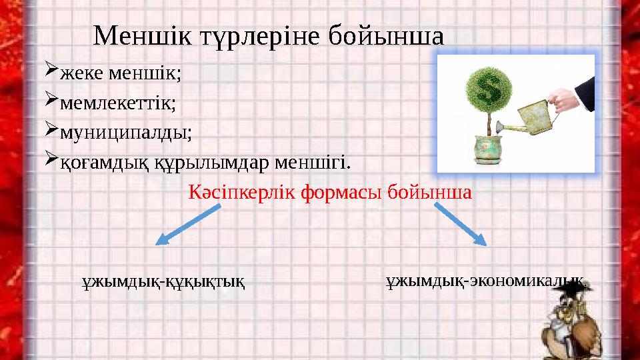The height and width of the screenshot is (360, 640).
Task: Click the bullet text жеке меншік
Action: (121, 73)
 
